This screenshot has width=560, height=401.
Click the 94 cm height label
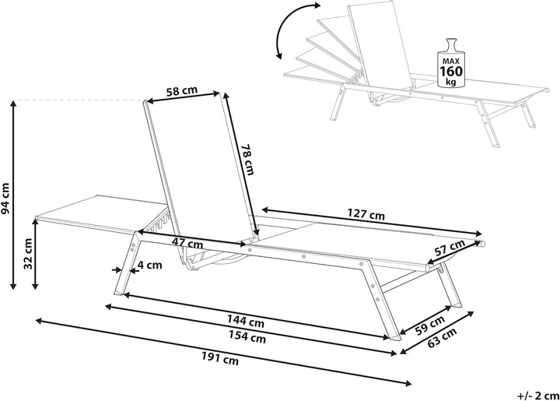point(6,199)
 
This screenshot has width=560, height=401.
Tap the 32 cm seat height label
point(28,253)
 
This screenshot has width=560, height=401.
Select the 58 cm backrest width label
point(182,91)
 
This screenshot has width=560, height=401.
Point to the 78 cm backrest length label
point(247,160)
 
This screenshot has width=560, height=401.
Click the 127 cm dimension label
point(366,214)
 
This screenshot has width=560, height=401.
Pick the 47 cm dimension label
point(187,243)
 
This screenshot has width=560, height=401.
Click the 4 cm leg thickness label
point(149,266)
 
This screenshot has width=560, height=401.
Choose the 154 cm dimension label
point(247,337)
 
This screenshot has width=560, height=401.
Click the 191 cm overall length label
point(219,358)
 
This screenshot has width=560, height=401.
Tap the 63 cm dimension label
point(442,337)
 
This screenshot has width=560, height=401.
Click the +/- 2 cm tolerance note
point(538,396)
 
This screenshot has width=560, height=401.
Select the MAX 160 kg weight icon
point(451,62)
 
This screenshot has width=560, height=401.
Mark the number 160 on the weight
point(451,72)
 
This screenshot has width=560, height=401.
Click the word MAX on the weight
point(451,61)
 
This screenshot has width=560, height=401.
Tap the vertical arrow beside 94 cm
point(13,195)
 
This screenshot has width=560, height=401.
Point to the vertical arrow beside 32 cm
point(35,254)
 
